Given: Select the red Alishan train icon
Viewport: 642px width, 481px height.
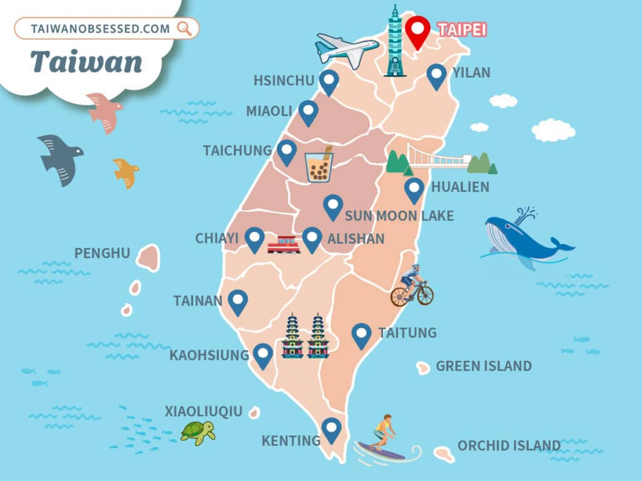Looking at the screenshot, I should click(283, 244).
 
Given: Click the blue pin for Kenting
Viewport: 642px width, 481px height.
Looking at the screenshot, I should click(331, 430).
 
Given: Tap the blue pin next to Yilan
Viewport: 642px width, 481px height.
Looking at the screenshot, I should click(436, 76).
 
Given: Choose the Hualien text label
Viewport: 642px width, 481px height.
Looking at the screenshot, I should click(460, 187).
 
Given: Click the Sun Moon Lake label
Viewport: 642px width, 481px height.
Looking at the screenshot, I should click(399, 216).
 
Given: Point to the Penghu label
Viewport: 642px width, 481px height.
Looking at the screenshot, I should click(102, 254).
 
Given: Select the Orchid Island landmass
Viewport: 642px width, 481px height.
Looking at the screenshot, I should click(444, 453).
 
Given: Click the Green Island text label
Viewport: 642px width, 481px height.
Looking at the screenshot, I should click(483, 366).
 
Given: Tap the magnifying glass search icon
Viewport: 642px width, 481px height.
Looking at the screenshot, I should click(185, 28).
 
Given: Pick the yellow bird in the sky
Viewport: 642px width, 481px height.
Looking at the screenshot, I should click(125, 172).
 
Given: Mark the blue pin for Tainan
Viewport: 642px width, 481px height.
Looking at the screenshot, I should click(237, 302).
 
